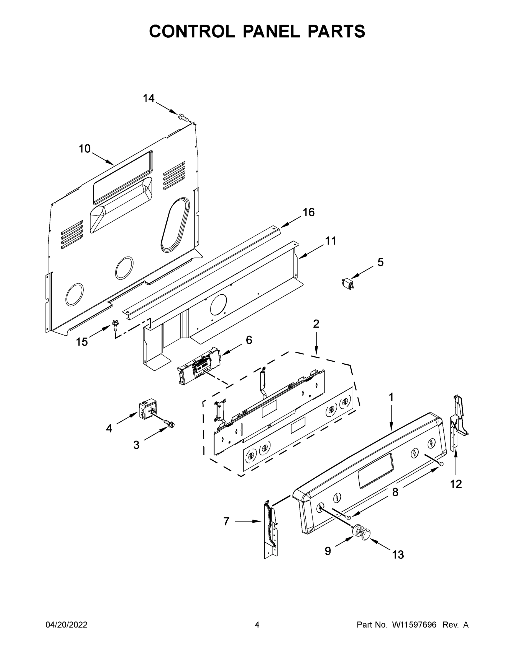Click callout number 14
(149, 98)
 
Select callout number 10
(85, 149)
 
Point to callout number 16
(308, 212)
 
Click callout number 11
(331, 241)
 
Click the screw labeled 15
(115, 325)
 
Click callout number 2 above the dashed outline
(316, 324)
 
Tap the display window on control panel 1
(375, 475)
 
